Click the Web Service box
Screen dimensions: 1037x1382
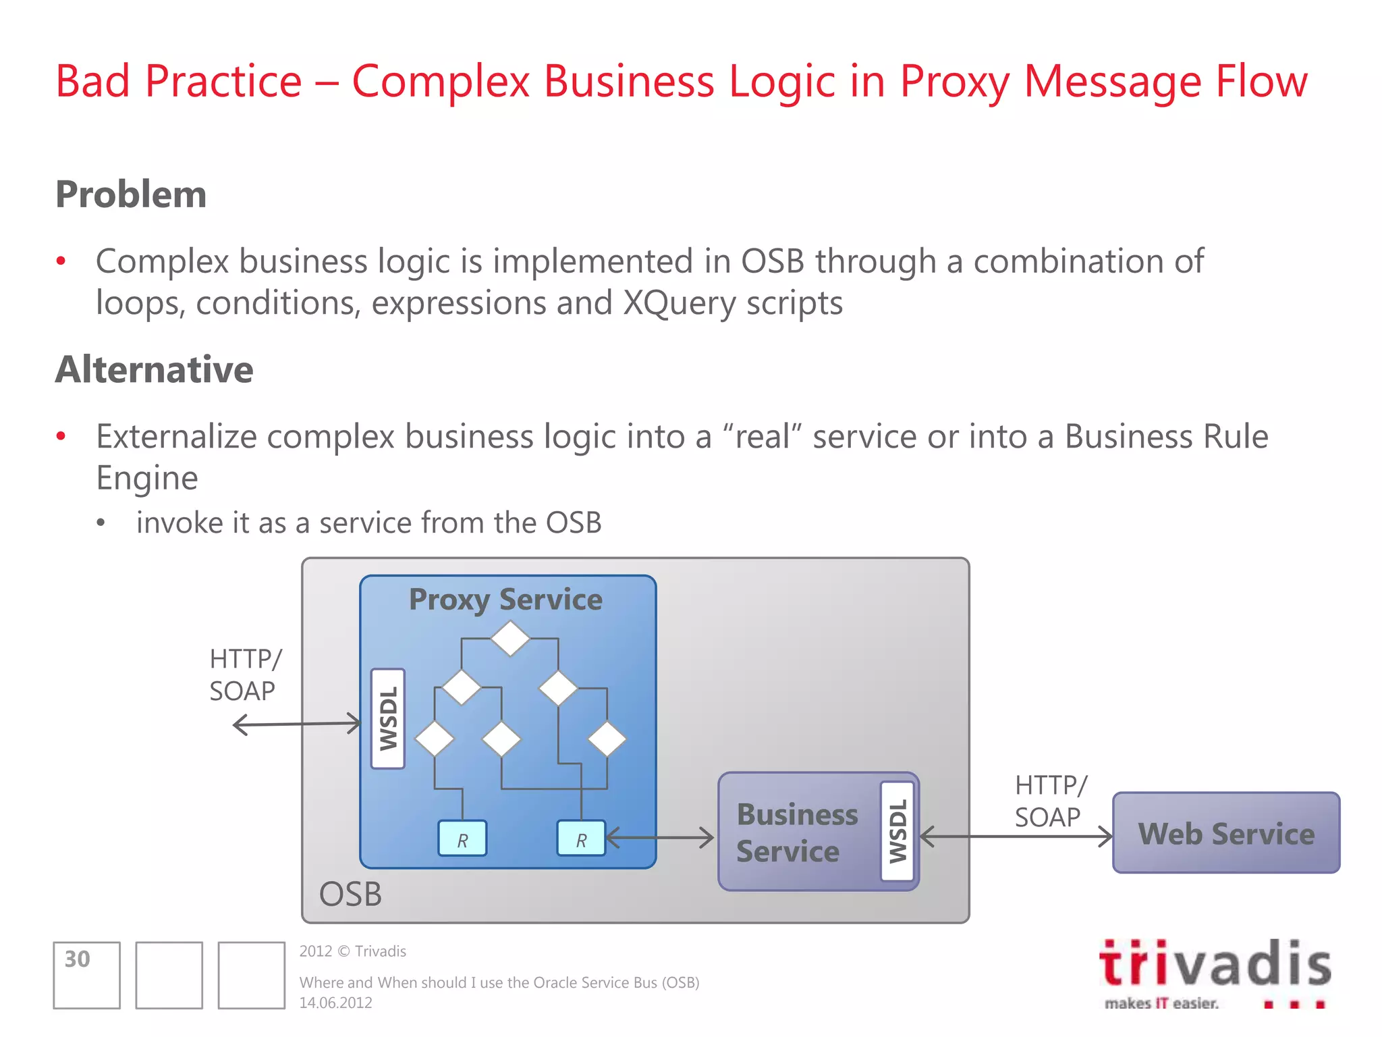[x=1225, y=833]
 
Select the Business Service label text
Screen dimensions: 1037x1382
[x=796, y=833]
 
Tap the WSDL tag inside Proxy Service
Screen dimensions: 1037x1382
[x=388, y=718]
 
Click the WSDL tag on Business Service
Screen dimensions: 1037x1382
[x=897, y=831]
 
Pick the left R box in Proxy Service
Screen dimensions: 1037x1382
[x=462, y=839]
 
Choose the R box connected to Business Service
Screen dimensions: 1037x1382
[x=581, y=839]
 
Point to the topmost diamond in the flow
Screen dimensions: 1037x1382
[x=510, y=638]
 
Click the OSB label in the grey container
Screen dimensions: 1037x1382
[x=350, y=894]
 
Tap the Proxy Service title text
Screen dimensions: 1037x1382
[x=505, y=600]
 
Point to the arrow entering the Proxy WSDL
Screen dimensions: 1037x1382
[x=297, y=724]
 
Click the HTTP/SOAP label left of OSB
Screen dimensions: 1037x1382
[x=244, y=674]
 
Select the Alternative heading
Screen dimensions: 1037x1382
[x=155, y=370]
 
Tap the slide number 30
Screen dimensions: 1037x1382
[x=78, y=959]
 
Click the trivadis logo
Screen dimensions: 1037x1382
[x=1215, y=972]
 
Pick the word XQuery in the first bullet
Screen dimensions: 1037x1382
[x=678, y=303]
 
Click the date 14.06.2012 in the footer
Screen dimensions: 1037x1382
[x=335, y=1003]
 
